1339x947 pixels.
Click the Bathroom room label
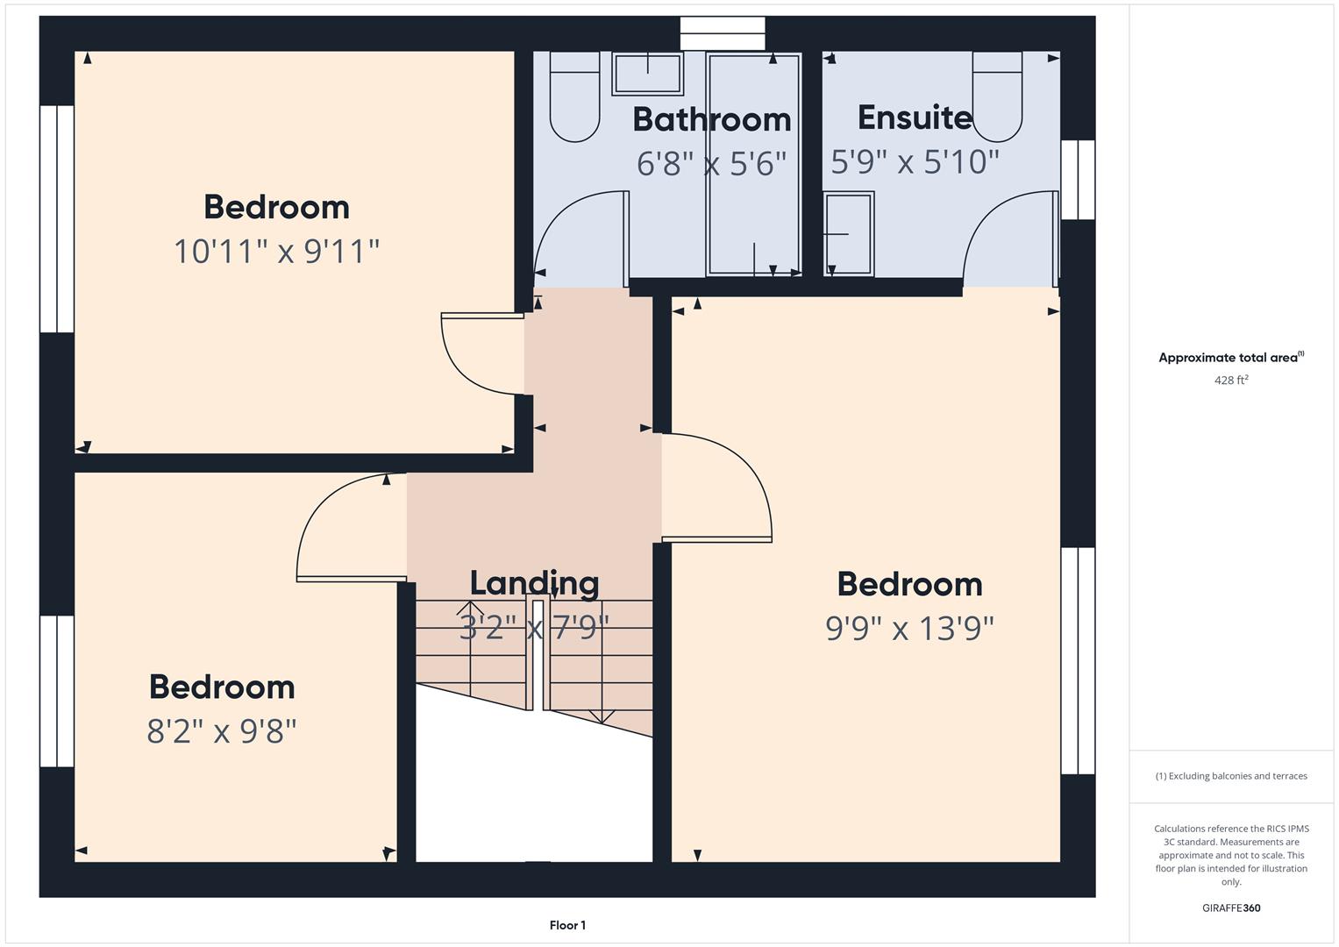click(711, 119)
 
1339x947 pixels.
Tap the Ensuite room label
click(915, 117)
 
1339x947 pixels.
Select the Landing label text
click(534, 583)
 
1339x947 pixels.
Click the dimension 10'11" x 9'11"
click(277, 251)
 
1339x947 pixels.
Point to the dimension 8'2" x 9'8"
click(222, 730)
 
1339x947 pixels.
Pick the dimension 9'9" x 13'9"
click(909, 629)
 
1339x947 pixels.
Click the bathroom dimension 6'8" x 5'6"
click(711, 163)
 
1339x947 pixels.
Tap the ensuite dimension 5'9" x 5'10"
click(915, 161)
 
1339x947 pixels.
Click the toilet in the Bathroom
click(574, 96)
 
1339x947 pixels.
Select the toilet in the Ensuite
click(997, 96)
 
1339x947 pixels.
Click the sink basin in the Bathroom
click(647, 74)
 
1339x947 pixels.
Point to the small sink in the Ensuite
click(849, 234)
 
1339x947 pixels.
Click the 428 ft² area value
click(1231, 381)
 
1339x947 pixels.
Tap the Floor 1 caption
click(567, 925)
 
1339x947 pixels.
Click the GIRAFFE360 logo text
click(1231, 908)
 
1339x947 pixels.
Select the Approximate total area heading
click(1231, 358)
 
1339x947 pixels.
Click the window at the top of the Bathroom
click(723, 33)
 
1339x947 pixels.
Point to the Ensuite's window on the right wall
click(1078, 180)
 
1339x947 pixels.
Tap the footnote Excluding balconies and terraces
click(1231, 776)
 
